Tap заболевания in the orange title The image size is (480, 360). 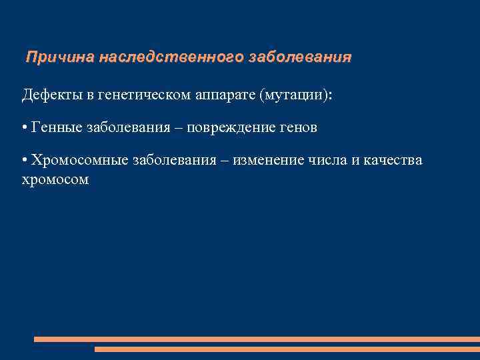click(299, 58)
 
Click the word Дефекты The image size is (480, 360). click(53, 95)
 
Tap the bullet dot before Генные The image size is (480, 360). click(25, 128)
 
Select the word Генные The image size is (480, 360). click(56, 127)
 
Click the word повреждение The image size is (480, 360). click(230, 127)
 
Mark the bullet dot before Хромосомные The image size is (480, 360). click(25, 161)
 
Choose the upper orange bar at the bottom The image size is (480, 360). click(257, 339)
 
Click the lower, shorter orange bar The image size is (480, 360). click(287, 349)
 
